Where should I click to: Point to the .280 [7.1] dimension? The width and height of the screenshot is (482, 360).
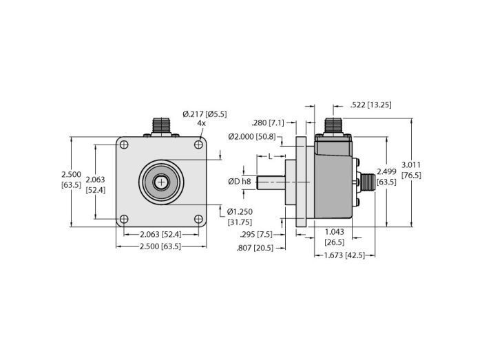pyautogui.click(x=269, y=122)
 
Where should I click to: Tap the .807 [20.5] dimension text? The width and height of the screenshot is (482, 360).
pyautogui.click(x=258, y=247)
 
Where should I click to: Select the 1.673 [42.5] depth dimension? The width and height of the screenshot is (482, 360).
pyautogui.click(x=344, y=255)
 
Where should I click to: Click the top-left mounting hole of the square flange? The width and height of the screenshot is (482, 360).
pyautogui.click(x=124, y=144)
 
